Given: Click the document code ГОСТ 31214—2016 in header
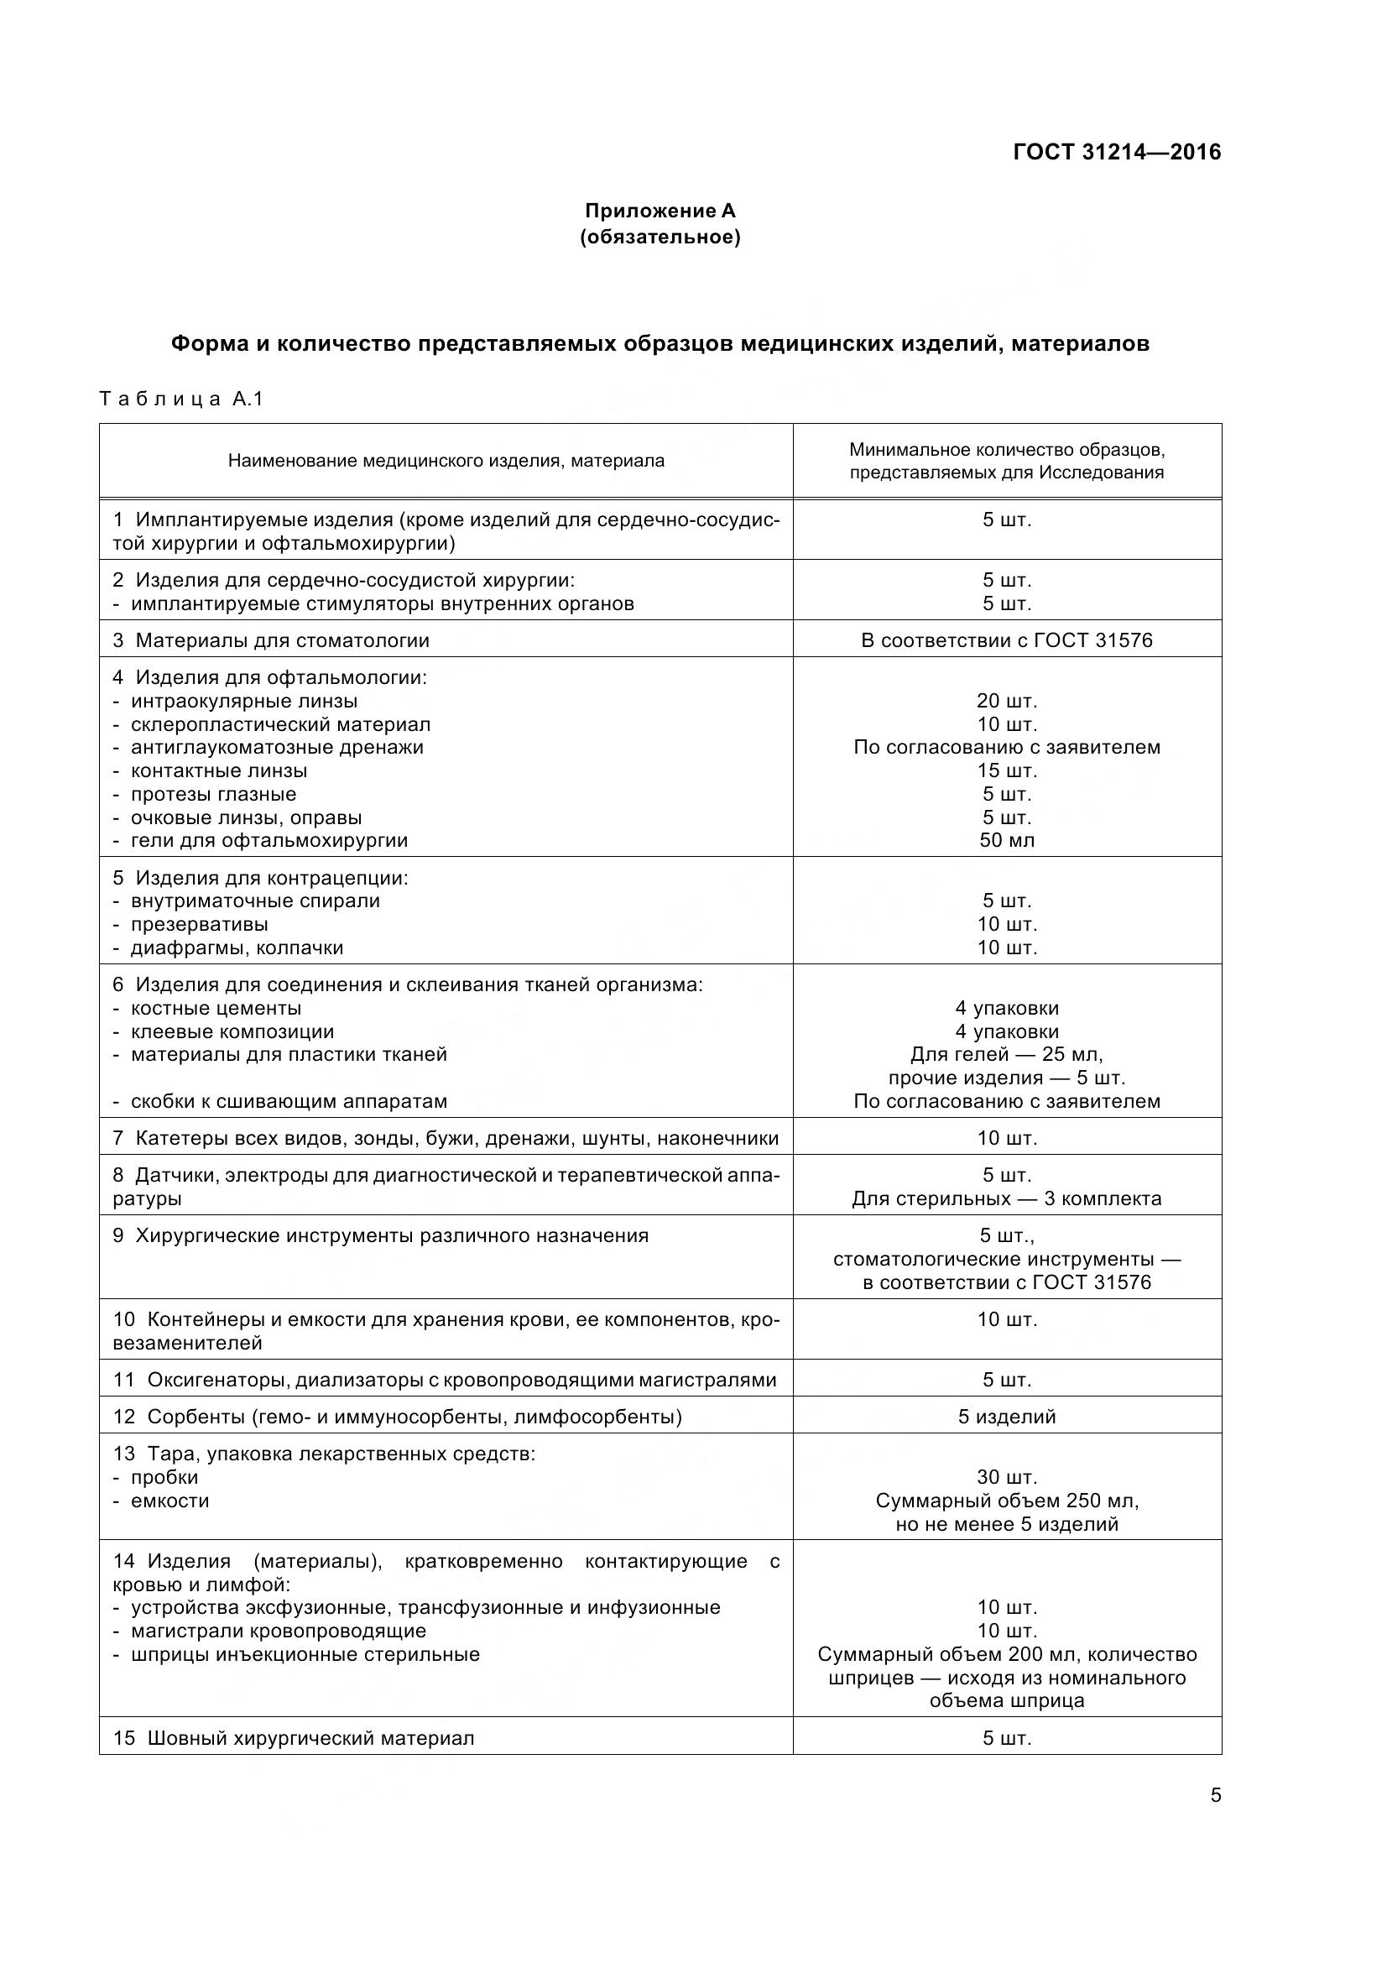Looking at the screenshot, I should tap(1117, 152).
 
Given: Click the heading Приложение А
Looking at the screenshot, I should tap(660, 211).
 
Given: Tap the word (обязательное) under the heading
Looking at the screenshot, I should tap(660, 237).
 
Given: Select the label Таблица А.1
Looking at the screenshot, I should tap(181, 399).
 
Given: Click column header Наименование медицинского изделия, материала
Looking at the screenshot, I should tap(446, 461).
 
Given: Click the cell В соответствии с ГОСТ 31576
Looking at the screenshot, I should tap(1007, 640).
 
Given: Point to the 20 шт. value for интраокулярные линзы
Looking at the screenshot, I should tap(1007, 701).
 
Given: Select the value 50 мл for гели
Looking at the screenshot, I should tap(1007, 839).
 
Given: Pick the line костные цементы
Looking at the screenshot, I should tap(216, 1008).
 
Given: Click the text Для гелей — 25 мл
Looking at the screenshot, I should tap(1007, 1054).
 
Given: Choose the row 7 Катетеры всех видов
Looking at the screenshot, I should tap(446, 1138).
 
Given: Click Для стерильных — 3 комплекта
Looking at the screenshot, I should tap(1007, 1198).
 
